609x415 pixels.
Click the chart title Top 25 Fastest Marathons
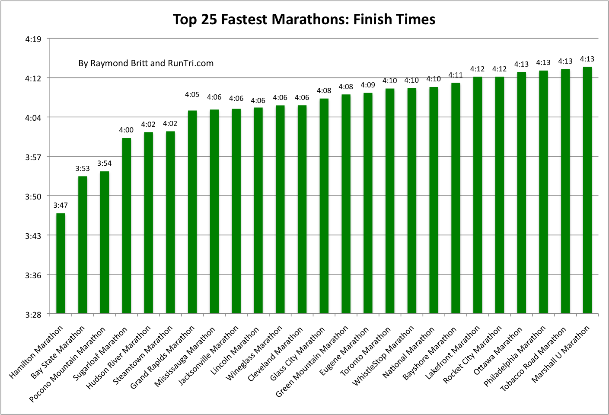(x=304, y=19)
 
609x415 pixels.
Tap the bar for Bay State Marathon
(x=83, y=244)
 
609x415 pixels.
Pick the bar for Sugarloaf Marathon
(x=126, y=225)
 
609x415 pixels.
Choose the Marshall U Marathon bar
(x=587, y=190)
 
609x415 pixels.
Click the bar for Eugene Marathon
(x=368, y=203)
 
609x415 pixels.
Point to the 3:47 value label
(x=61, y=205)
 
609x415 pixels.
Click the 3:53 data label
(x=83, y=168)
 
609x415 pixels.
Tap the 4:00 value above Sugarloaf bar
(x=126, y=130)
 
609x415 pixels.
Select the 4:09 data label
(x=368, y=85)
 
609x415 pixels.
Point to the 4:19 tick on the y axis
(x=33, y=39)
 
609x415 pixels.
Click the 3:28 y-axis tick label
(x=33, y=314)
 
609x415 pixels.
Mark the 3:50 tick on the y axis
(x=33, y=196)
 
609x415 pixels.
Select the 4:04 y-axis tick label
(x=33, y=117)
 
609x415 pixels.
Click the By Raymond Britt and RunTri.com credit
(x=146, y=63)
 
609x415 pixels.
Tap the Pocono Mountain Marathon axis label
(x=67, y=364)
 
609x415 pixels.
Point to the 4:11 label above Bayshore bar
(x=456, y=75)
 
